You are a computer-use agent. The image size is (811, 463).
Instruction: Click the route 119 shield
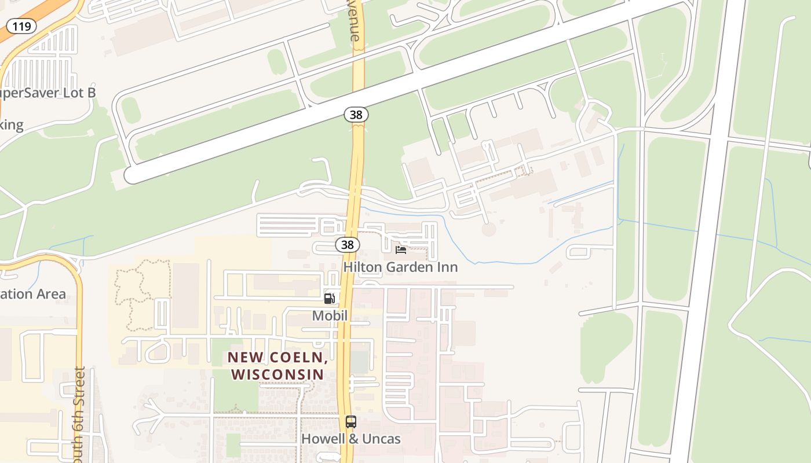click(x=22, y=26)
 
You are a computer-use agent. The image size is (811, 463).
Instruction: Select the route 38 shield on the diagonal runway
click(x=356, y=115)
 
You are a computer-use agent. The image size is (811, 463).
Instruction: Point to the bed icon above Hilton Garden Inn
click(x=400, y=250)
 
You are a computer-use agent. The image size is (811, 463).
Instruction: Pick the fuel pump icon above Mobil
click(x=329, y=299)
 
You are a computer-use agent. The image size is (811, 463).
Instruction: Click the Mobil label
click(x=330, y=316)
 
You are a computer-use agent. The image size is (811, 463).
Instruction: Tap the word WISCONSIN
click(x=277, y=374)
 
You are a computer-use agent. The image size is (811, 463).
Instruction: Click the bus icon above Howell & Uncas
click(x=350, y=422)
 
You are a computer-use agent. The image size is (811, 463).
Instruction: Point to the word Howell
click(x=322, y=439)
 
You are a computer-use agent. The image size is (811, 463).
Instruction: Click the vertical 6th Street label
click(x=80, y=414)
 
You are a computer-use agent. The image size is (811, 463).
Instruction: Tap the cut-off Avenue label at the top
click(x=355, y=21)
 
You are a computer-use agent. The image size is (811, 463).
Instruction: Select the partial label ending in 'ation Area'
click(x=32, y=294)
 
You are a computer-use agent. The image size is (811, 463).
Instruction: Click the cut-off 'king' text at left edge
click(x=12, y=125)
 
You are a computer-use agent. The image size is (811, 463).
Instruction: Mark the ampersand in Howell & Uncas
click(x=352, y=439)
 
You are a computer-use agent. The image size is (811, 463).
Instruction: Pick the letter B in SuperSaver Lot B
click(x=90, y=93)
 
